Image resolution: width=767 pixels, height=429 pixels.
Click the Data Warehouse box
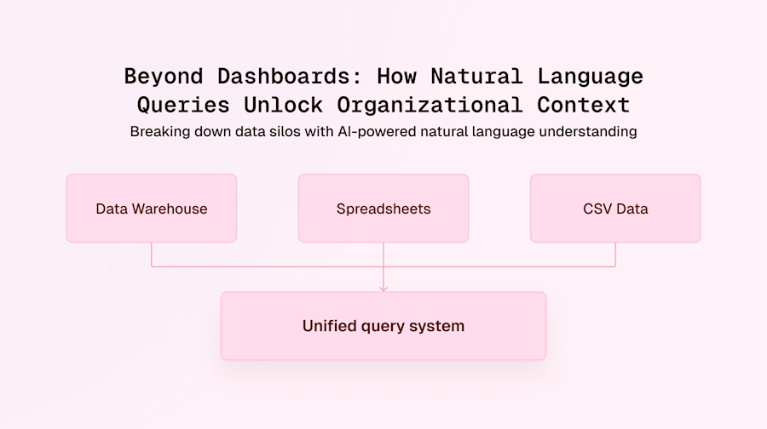(152, 209)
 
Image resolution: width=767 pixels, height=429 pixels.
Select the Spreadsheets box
(383, 209)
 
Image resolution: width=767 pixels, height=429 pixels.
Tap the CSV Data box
(615, 209)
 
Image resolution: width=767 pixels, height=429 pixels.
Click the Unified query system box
(383, 326)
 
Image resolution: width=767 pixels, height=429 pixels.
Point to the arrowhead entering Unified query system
(383, 288)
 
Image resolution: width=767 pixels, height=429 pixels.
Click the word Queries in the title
(183, 106)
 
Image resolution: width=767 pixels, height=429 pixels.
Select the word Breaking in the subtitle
(159, 132)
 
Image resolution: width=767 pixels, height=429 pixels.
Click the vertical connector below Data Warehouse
(152, 255)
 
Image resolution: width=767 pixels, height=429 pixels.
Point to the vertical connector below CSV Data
(615, 255)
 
